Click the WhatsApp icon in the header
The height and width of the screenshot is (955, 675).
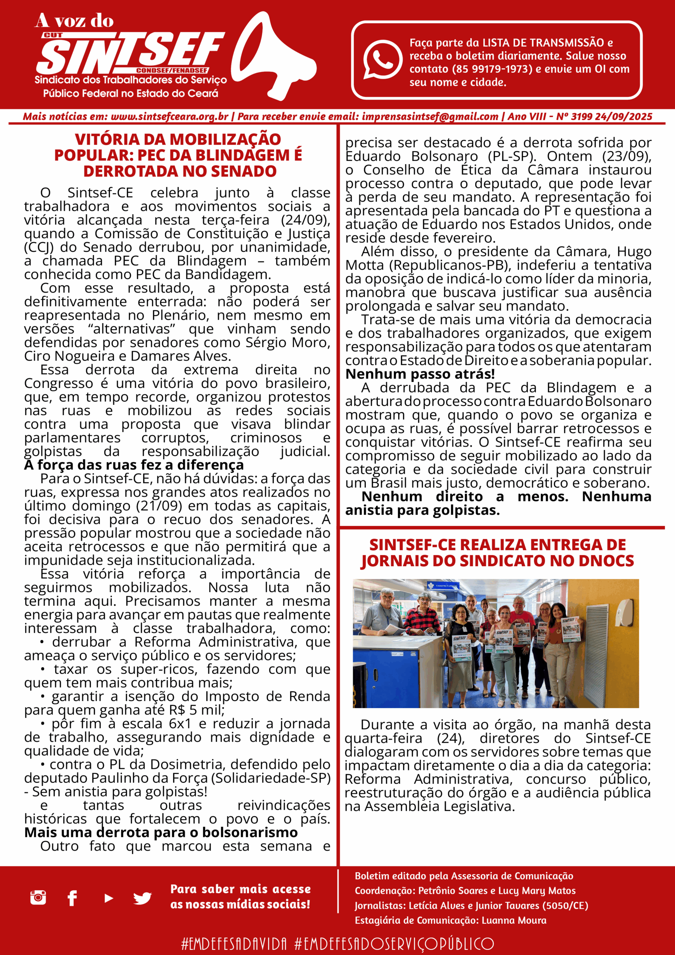[x=382, y=59]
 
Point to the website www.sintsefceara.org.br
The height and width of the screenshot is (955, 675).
[x=169, y=117]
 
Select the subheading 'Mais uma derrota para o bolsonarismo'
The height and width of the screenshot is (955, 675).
[x=161, y=833]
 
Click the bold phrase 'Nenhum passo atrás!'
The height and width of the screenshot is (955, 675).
[x=420, y=374]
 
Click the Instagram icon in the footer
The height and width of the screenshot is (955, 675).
[x=38, y=898]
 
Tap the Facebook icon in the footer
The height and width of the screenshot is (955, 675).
[x=72, y=898]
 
